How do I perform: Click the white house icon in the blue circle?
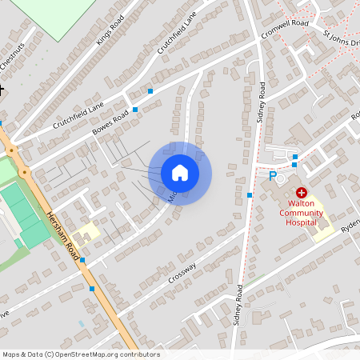[x=179, y=173]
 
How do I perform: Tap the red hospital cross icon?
[x=302, y=193]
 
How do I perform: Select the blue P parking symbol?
[x=272, y=176]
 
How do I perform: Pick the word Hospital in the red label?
[x=302, y=222]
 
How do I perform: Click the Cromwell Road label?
[x=285, y=30]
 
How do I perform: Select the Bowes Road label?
[x=110, y=125]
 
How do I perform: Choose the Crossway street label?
[x=182, y=273]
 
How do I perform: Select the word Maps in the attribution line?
[x=11, y=354]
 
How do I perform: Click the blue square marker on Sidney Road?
[x=250, y=194]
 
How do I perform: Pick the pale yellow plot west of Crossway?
[x=88, y=232]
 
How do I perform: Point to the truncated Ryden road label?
[x=350, y=227]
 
